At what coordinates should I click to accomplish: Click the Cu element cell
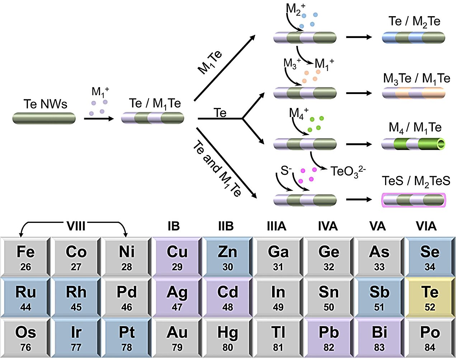[x=177, y=257]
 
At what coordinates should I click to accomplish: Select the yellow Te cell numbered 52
[x=430, y=297]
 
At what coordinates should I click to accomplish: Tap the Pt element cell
[x=127, y=337]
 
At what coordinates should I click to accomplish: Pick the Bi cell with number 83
[x=379, y=337]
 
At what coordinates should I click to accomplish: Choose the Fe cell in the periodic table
[x=25, y=257]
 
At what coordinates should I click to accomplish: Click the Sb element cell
[x=379, y=297]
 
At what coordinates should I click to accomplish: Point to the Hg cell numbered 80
[x=228, y=337]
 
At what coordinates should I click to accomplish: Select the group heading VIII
[x=76, y=226]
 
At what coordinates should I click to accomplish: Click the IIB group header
[x=226, y=226]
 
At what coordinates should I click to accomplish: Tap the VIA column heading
[x=426, y=226]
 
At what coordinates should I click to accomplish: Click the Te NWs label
[x=45, y=104]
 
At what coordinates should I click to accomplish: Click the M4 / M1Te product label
[x=415, y=127]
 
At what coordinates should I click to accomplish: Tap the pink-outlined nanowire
[x=413, y=200]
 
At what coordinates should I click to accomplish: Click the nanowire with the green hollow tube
[x=413, y=144]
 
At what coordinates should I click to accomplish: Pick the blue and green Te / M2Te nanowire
[x=413, y=37]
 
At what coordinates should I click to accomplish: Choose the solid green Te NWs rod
[x=44, y=118]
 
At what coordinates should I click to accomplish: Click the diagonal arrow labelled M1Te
[x=224, y=68]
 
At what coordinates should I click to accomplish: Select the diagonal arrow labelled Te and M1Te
[x=227, y=163]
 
